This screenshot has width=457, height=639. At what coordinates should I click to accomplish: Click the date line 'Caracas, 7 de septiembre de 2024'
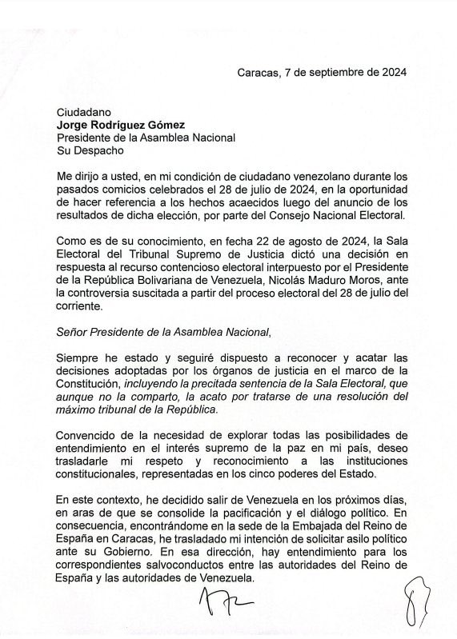322,72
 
